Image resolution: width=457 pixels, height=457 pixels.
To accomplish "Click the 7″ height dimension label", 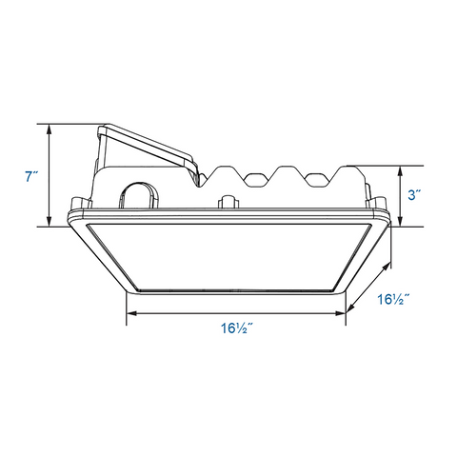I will tap(31, 176).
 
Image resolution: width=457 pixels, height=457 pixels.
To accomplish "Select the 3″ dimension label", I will tap(414, 195).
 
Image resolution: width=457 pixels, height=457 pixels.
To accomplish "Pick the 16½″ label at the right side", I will tap(391, 300).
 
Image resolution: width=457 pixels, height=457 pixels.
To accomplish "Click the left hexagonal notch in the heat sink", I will tap(255, 177).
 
